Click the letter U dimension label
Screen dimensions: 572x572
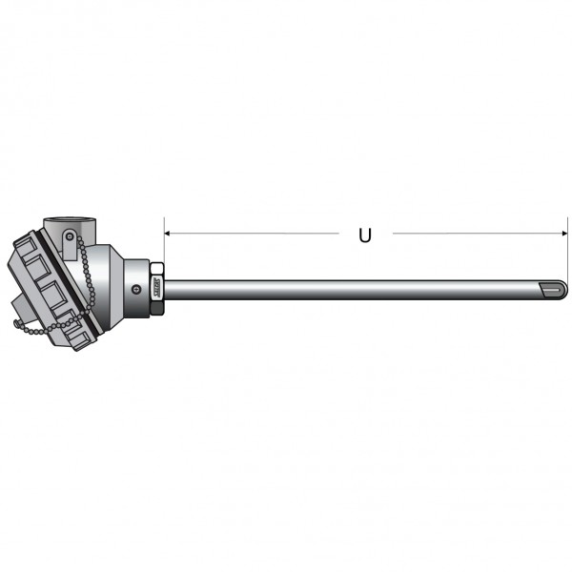[x=365, y=235]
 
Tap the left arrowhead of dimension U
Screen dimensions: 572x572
[x=167, y=234]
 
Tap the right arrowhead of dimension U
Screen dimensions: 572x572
[x=565, y=234]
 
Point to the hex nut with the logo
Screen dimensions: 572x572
[x=157, y=283]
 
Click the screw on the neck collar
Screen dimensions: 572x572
[x=136, y=289]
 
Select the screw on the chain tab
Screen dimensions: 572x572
[x=70, y=237]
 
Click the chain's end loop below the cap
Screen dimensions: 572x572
[x=17, y=323]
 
